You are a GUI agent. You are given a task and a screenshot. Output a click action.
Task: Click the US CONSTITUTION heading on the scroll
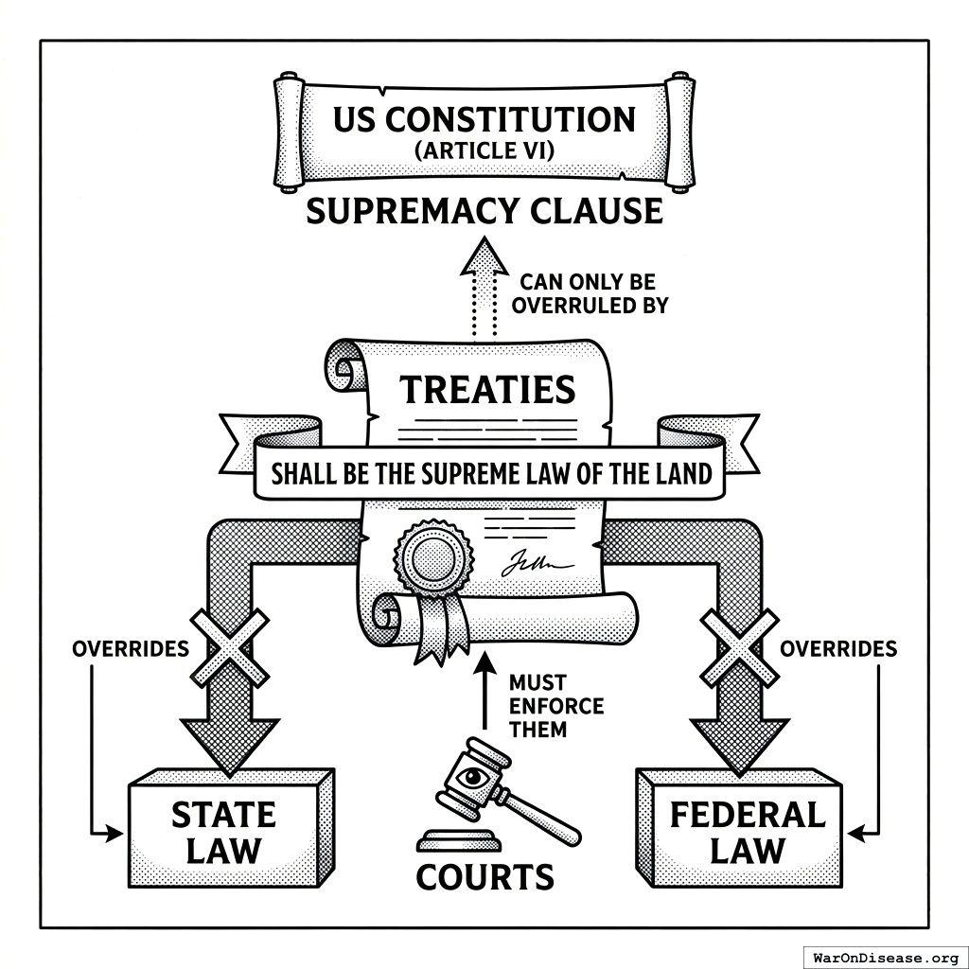(484, 120)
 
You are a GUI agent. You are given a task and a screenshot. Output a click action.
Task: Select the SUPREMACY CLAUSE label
(484, 210)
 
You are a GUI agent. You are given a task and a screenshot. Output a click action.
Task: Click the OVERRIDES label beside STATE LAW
(130, 649)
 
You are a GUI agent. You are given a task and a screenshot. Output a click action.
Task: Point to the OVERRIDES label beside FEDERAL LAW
(837, 649)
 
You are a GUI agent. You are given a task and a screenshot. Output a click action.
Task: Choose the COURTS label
(484, 877)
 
